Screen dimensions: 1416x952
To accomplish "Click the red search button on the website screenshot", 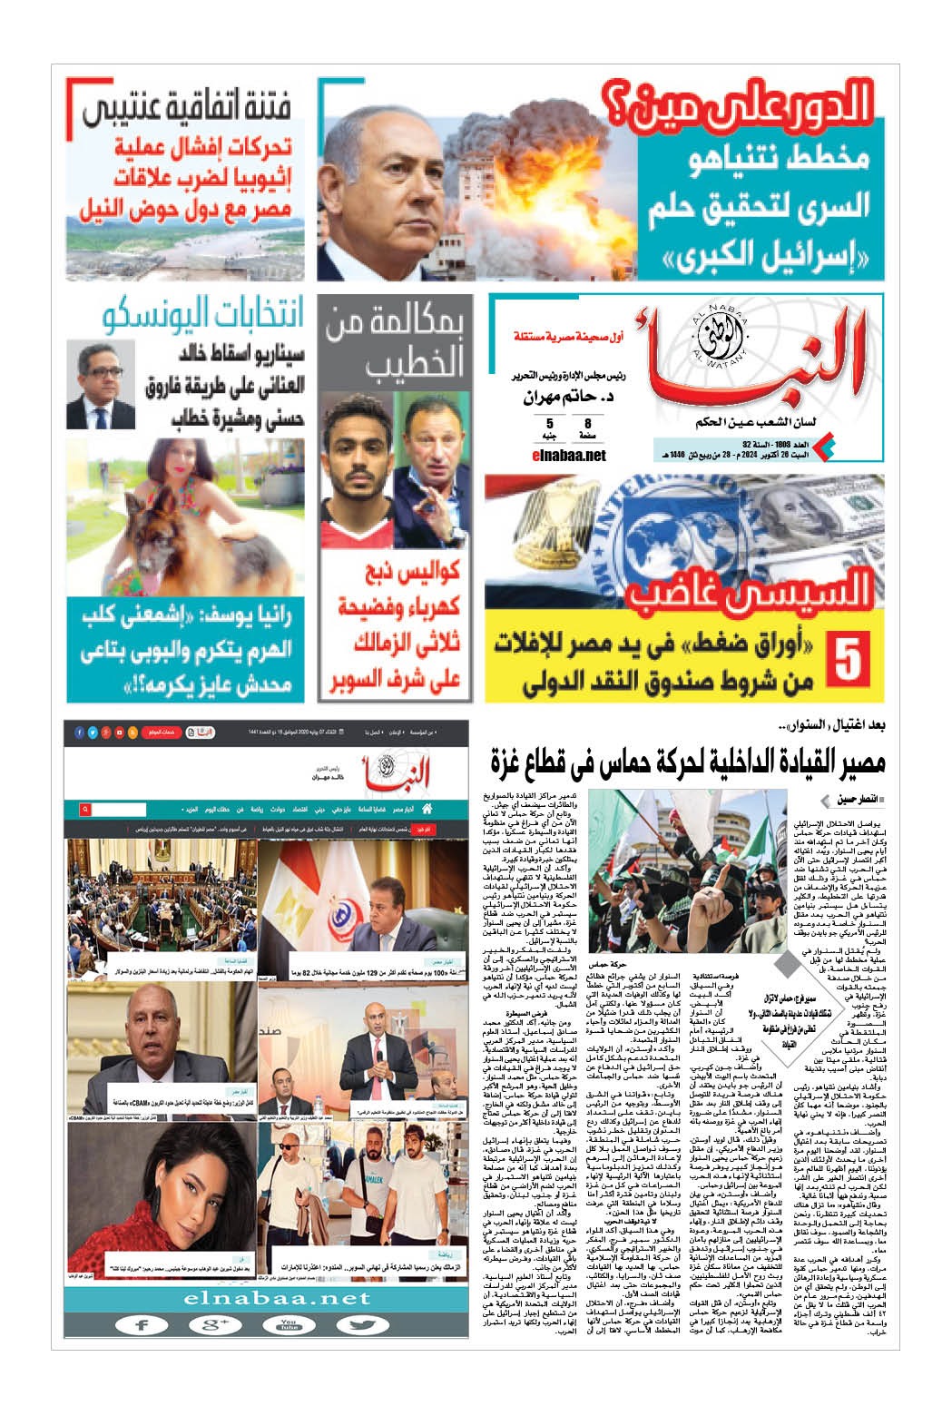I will point(84,808).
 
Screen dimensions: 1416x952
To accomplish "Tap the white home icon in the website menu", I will point(427,808).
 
